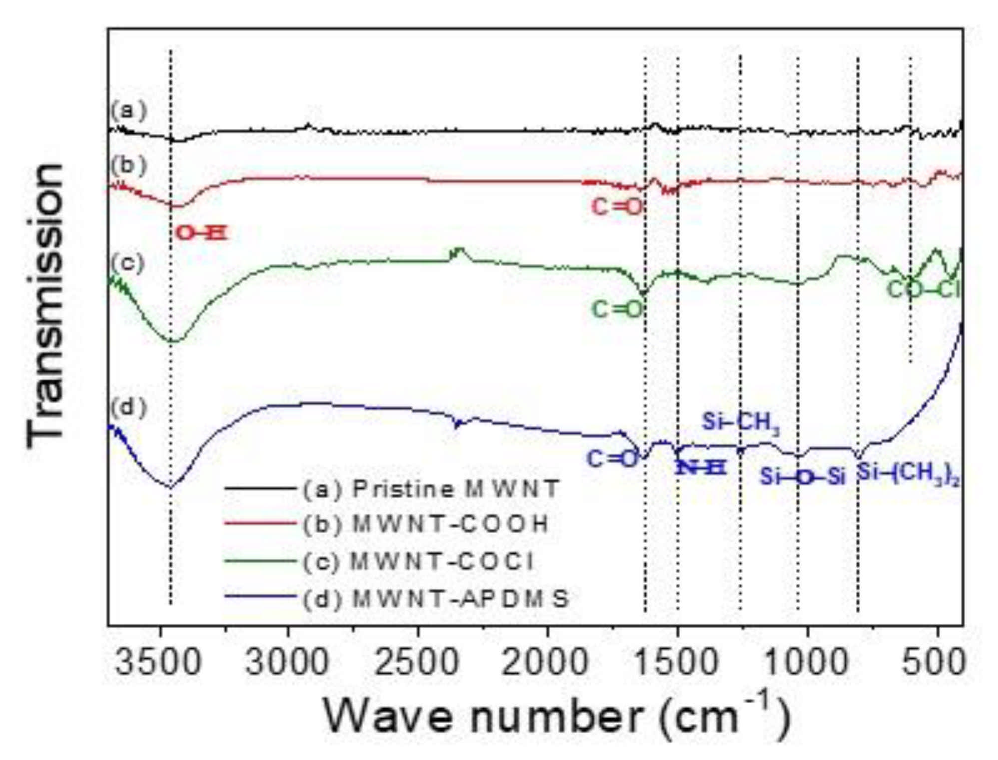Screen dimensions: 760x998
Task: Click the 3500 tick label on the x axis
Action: point(159,662)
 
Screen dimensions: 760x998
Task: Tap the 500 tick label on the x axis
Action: point(933,662)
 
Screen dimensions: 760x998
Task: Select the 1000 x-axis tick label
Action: point(806,662)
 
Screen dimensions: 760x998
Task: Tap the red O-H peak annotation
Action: point(202,233)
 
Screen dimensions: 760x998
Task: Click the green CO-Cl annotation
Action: point(923,289)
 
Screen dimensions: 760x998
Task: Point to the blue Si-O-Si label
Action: point(802,477)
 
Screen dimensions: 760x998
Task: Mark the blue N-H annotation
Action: point(700,468)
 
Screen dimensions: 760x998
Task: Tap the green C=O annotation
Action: point(617,309)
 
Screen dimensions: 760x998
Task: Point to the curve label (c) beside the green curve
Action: point(128,262)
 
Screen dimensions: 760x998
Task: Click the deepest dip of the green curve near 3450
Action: point(172,341)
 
